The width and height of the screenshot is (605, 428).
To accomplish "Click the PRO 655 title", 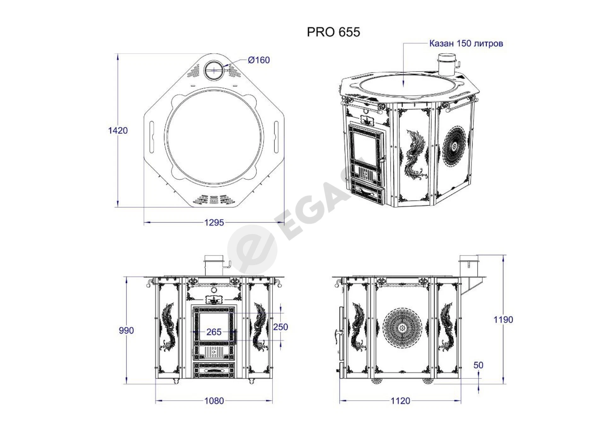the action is click(333, 32).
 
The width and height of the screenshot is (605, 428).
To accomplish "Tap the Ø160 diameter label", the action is click(259, 60).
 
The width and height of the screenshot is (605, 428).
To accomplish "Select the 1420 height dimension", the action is click(118, 130).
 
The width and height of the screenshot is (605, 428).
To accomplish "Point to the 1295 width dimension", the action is click(214, 223).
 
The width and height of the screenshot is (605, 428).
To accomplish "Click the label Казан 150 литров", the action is click(466, 43).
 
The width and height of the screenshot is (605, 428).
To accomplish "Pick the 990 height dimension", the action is click(126, 330).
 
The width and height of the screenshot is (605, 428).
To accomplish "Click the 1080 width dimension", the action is click(214, 401).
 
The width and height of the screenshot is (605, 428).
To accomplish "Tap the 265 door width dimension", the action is click(214, 332).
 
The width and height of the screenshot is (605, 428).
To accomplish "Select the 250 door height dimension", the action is click(280, 327).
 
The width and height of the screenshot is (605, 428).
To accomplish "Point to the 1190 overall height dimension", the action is click(503, 320).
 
